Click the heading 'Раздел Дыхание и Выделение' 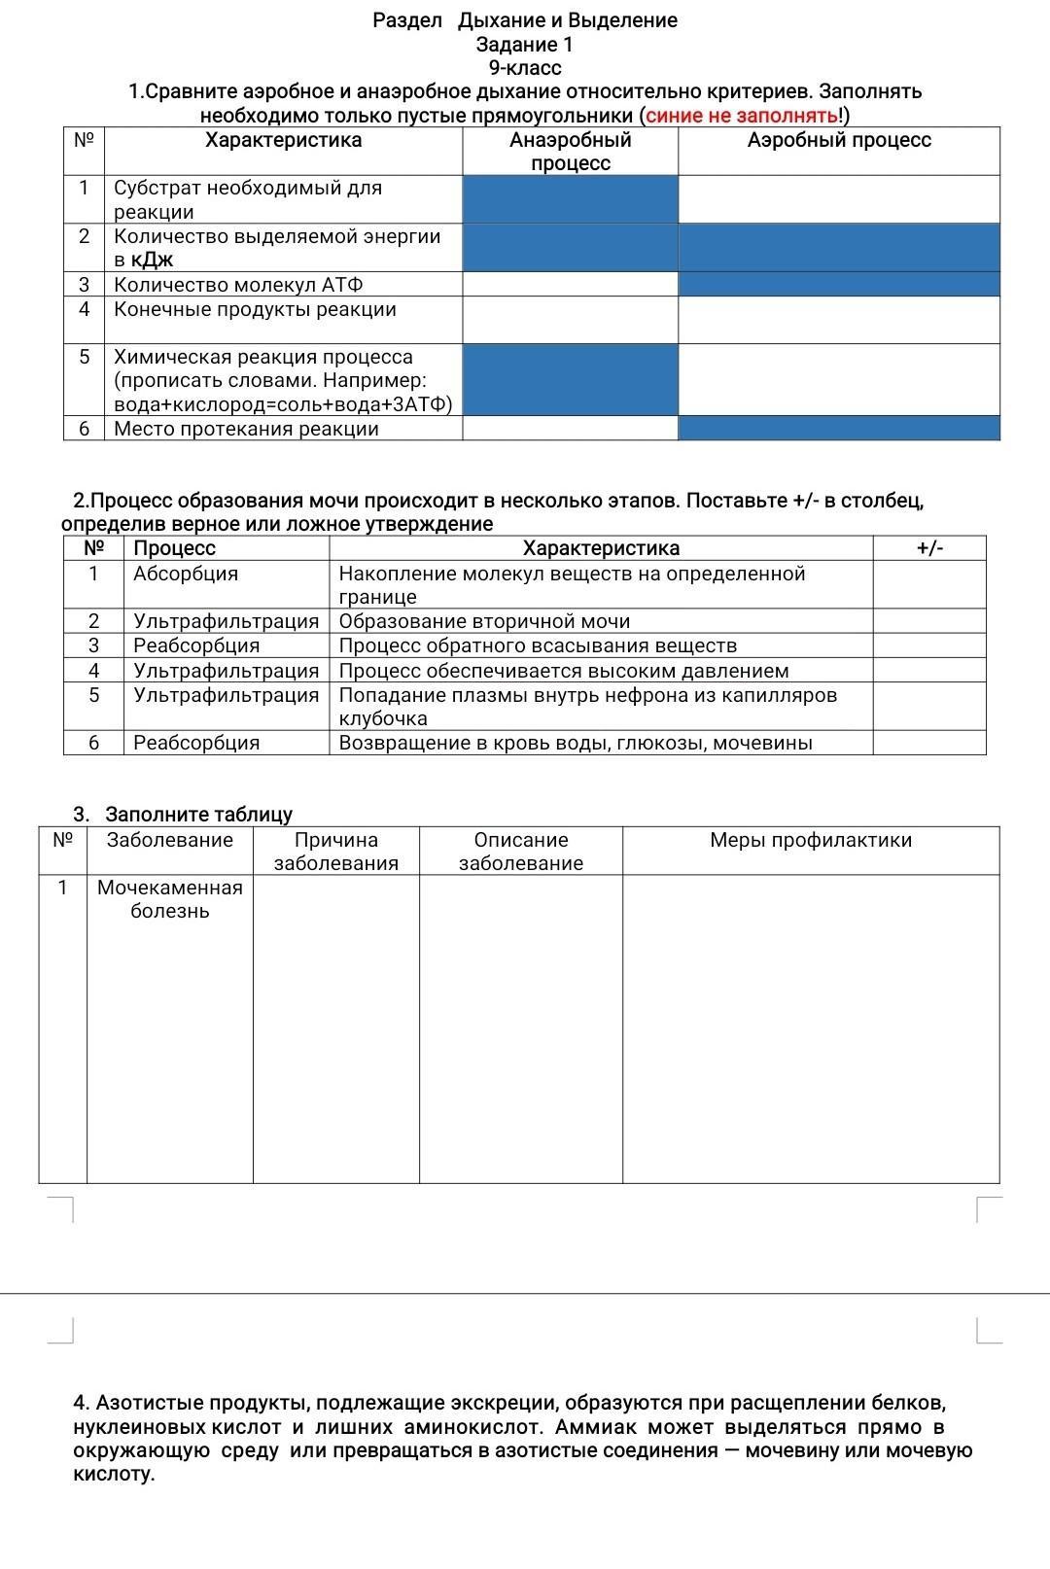click(x=525, y=20)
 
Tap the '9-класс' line click(x=525, y=68)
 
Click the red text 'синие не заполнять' click(x=742, y=117)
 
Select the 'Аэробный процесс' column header click(x=838, y=141)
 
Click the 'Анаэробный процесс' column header click(x=571, y=152)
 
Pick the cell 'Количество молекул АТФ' click(x=238, y=285)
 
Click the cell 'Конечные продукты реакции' click(x=255, y=310)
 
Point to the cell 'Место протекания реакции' click(x=246, y=429)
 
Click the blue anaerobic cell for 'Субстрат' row click(x=571, y=199)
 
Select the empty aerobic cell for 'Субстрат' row click(x=838, y=199)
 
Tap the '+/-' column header click(x=929, y=548)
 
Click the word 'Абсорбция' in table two click(x=186, y=574)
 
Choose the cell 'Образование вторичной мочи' click(x=484, y=621)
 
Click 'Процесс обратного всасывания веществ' click(x=538, y=645)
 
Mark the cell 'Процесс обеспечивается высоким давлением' click(x=564, y=671)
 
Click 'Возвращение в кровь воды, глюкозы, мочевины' click(x=576, y=743)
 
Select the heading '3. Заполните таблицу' click(x=183, y=815)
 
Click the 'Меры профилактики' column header click(x=811, y=840)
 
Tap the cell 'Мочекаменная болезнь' click(x=170, y=899)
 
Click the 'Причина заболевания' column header click(x=336, y=852)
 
